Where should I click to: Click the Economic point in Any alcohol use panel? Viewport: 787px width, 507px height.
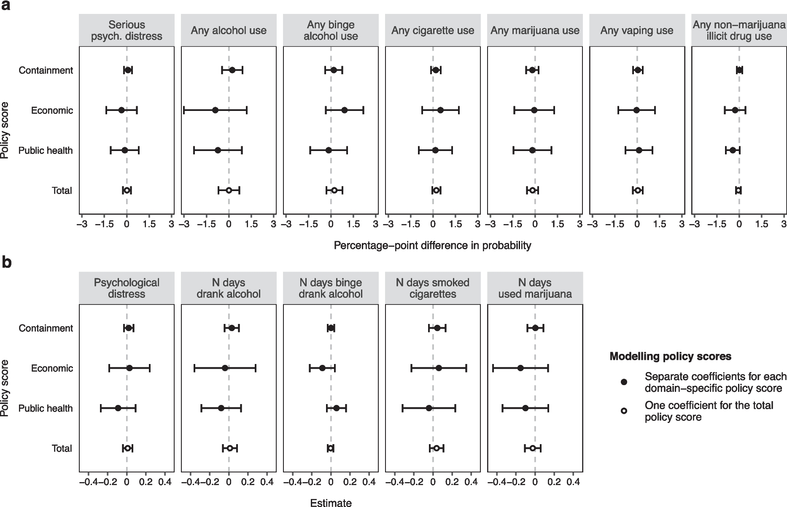click(x=215, y=111)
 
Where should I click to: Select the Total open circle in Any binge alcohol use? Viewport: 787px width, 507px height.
click(x=334, y=190)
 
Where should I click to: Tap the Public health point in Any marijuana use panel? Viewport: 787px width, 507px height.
click(x=532, y=150)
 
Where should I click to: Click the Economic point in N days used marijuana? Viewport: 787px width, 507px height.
click(x=520, y=368)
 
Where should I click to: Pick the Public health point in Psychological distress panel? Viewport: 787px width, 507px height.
click(x=118, y=408)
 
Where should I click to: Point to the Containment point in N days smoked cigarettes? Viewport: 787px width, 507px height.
click(x=437, y=328)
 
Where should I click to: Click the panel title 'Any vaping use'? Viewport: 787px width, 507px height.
click(x=637, y=30)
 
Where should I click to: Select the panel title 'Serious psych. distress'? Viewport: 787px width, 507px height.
click(x=127, y=30)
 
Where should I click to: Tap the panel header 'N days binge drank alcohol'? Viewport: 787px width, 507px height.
click(x=331, y=288)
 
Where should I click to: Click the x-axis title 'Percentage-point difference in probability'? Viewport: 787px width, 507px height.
click(x=432, y=245)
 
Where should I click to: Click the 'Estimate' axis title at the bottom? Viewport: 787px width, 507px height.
click(x=331, y=502)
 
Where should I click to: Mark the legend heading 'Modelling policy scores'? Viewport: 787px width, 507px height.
click(x=670, y=356)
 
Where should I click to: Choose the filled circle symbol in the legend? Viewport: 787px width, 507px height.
click(x=624, y=382)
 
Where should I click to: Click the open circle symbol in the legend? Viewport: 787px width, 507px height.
click(x=624, y=411)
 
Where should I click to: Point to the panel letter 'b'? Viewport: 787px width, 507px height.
click(x=7, y=262)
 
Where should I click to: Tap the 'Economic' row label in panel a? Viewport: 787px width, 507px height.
click(x=52, y=111)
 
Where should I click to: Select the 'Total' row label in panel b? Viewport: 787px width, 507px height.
click(x=62, y=448)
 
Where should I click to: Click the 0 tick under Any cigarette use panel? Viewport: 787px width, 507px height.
click(x=433, y=224)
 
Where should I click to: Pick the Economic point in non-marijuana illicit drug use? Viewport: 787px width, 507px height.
click(x=735, y=111)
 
